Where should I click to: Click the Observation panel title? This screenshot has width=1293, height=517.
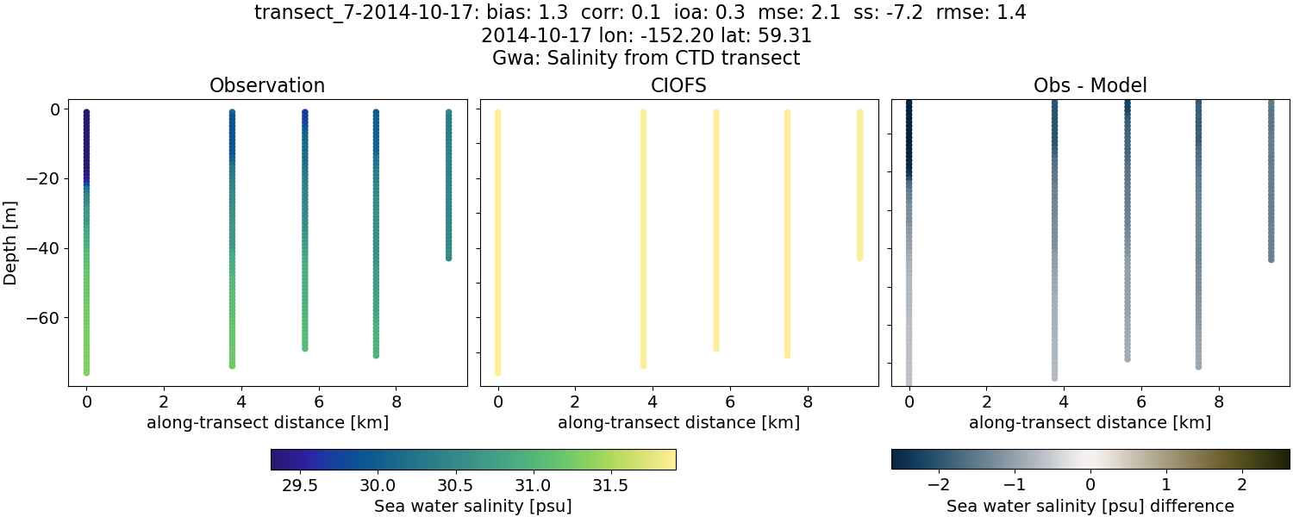click(x=267, y=86)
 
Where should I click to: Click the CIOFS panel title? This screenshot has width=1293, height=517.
click(x=678, y=86)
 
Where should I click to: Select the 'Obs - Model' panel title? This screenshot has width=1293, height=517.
click(x=1090, y=86)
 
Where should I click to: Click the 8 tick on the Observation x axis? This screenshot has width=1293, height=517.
click(x=397, y=402)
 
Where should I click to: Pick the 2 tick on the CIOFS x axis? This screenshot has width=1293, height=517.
click(x=575, y=402)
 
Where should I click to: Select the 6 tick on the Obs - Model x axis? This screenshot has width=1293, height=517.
click(x=1141, y=402)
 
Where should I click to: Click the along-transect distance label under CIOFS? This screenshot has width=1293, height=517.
click(x=678, y=423)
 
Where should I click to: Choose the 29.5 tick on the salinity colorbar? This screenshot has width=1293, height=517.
click(x=299, y=485)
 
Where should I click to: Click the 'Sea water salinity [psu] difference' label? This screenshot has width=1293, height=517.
click(x=1090, y=506)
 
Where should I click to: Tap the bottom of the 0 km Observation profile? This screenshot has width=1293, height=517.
click(x=86, y=372)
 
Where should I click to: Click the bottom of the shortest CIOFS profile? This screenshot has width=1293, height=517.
click(x=859, y=258)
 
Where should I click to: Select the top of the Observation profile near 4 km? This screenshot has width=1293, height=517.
click(x=232, y=113)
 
